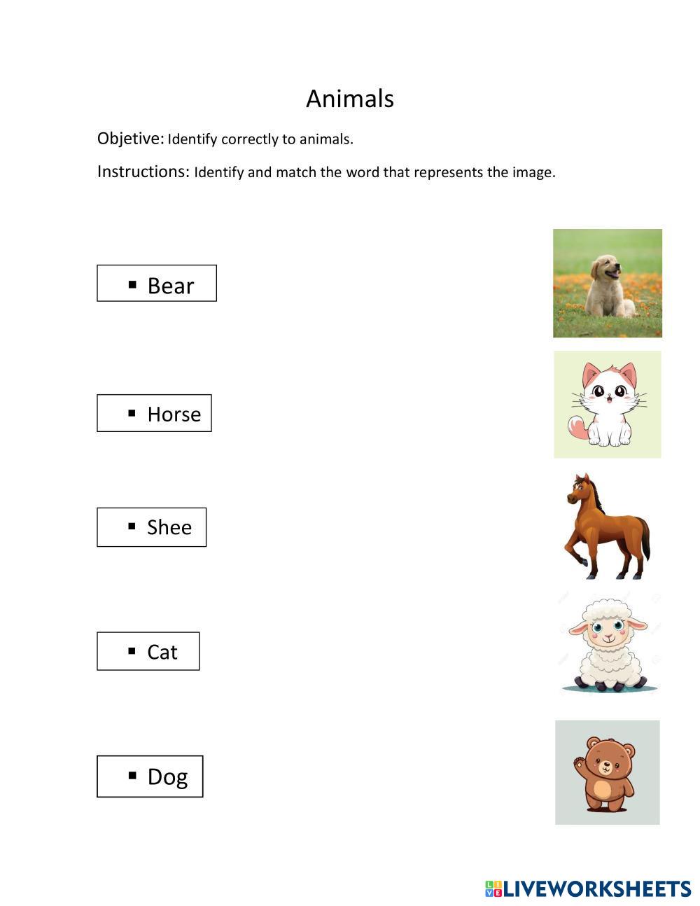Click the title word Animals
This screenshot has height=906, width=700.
point(350,99)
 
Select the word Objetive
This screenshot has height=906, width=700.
point(130,139)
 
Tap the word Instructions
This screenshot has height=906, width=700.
point(143,172)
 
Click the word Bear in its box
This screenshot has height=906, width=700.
point(170,286)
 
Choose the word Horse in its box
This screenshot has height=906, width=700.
point(174,414)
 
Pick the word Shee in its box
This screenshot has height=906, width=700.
point(169,527)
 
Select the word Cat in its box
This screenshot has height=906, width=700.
point(162,653)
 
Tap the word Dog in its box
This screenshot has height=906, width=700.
point(167,776)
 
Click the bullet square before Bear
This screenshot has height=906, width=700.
point(132,284)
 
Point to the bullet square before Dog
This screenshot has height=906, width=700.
point(132,774)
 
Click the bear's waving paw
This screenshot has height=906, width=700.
point(578,762)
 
